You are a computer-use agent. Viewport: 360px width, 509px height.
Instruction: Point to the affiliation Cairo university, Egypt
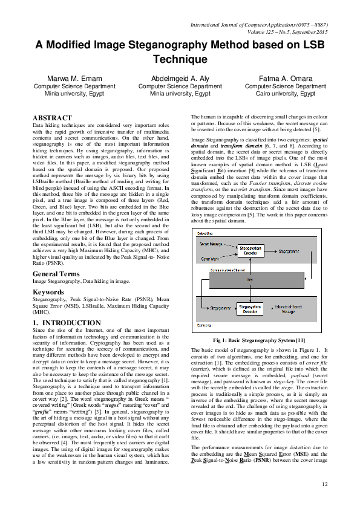284,94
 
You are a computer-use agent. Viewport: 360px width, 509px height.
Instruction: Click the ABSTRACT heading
52,117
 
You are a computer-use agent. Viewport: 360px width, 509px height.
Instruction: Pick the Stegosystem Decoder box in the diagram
254,310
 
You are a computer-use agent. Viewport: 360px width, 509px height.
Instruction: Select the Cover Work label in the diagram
209,258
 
